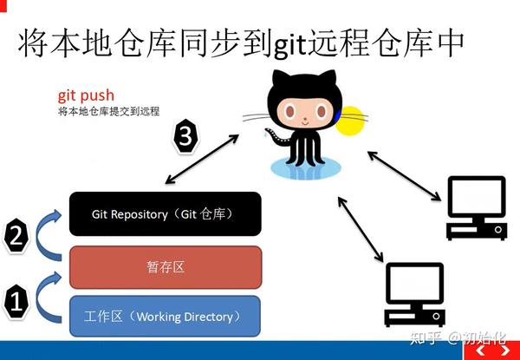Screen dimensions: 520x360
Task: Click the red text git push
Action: (86, 96)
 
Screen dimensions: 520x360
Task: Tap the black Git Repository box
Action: (166, 214)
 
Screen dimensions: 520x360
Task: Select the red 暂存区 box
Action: (166, 267)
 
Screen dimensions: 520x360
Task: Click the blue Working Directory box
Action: (166, 317)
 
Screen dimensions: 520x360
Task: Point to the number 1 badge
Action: (16, 302)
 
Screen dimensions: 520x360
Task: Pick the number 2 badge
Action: (16, 236)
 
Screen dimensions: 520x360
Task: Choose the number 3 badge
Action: (186, 135)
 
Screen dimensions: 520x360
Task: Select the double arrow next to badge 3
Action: (202, 159)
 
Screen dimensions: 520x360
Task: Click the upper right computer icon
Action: (477, 207)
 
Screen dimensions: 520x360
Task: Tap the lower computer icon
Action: (414, 295)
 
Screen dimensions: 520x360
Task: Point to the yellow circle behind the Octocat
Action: (352, 121)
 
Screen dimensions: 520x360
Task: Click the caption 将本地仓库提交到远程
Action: (109, 111)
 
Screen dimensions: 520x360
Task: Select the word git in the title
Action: (289, 46)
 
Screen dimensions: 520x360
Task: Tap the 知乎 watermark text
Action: (426, 337)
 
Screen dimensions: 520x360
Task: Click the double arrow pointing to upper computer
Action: (405, 176)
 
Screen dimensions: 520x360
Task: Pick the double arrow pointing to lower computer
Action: (361, 229)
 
